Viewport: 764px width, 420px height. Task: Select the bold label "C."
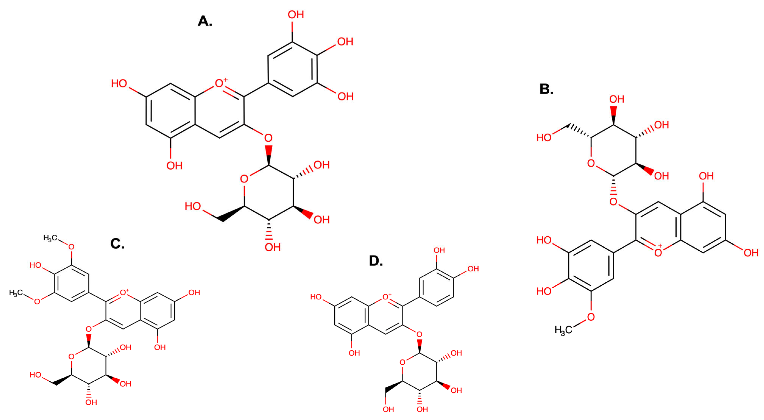(x=118, y=244)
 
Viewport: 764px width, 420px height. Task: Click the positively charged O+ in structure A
(x=220, y=83)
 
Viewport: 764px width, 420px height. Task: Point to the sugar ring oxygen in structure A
(x=244, y=179)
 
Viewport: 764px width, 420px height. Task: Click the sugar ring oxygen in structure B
(x=591, y=163)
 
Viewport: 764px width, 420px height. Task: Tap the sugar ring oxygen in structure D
(x=403, y=362)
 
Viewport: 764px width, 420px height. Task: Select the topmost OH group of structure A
(x=296, y=14)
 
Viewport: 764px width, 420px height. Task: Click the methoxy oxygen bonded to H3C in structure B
(x=591, y=317)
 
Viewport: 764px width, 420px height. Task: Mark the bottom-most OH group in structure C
(x=91, y=402)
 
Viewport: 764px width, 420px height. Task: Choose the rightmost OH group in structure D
(x=473, y=269)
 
